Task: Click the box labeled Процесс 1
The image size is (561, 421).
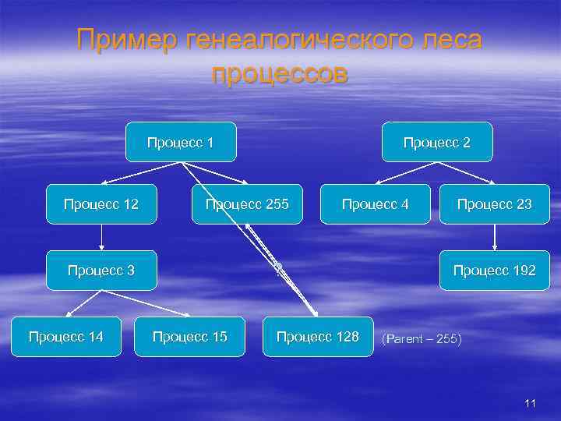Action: tap(182, 142)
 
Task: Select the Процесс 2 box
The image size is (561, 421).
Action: tap(436, 142)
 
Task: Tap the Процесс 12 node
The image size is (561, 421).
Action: tap(101, 204)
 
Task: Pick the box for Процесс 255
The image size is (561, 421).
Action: tap(247, 204)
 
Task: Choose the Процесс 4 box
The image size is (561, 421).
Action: tap(375, 204)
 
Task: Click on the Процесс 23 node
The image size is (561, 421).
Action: tap(494, 204)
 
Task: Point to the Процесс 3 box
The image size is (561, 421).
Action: tap(101, 271)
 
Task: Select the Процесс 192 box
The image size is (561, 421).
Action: tap(494, 271)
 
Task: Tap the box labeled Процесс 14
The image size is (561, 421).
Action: tap(65, 337)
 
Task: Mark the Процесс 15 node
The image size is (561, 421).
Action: tap(190, 337)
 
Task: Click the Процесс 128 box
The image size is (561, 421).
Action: tap(318, 337)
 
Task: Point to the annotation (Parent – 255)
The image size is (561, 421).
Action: tap(422, 340)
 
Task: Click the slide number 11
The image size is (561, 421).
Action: tap(531, 403)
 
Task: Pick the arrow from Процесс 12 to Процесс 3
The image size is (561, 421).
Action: tap(101, 237)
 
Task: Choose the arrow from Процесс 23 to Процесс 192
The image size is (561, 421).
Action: tap(494, 237)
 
